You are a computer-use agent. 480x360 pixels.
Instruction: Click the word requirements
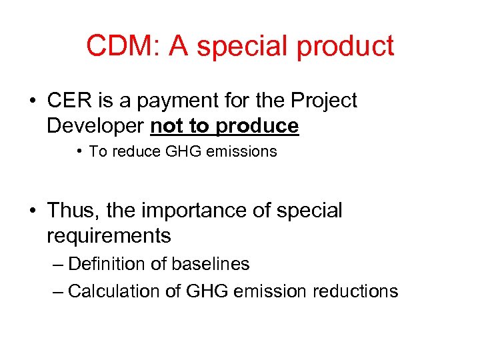click(109, 236)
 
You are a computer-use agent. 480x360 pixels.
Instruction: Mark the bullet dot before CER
click(33, 101)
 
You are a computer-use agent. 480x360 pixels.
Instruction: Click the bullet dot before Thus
click(33, 211)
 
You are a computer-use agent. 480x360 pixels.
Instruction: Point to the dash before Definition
click(57, 265)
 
